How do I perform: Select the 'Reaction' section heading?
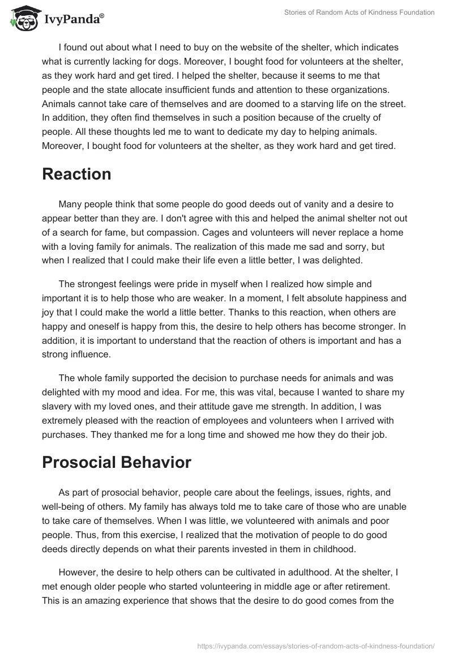pos(76,174)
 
